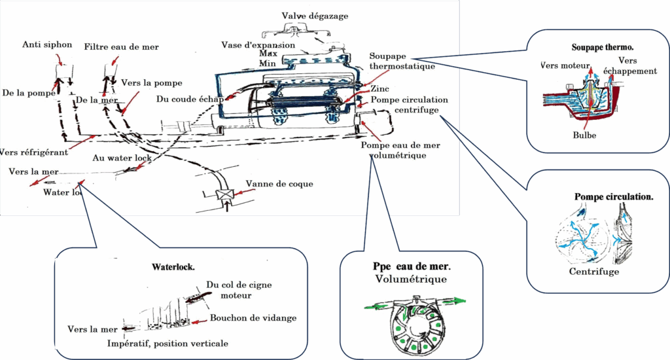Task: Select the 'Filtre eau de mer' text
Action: (121, 47)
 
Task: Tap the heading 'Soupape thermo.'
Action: (602, 48)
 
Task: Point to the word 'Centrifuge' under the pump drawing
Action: (593, 272)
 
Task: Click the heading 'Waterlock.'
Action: (173, 267)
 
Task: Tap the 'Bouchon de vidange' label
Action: (253, 318)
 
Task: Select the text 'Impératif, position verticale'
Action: (168, 344)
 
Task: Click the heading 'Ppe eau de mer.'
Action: (410, 268)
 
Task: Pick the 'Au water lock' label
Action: (122, 158)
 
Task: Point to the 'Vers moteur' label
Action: (566, 65)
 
